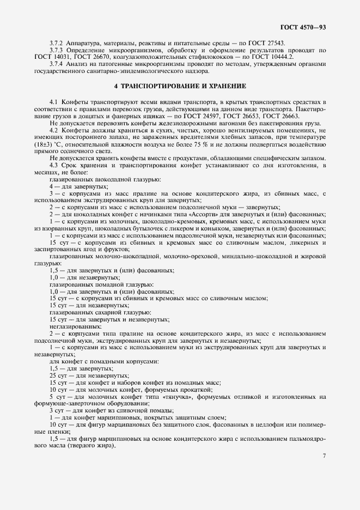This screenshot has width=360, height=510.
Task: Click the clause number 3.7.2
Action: (57, 42)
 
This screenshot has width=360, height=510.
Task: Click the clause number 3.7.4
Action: (57, 64)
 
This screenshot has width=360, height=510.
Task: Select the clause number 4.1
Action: (54, 102)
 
